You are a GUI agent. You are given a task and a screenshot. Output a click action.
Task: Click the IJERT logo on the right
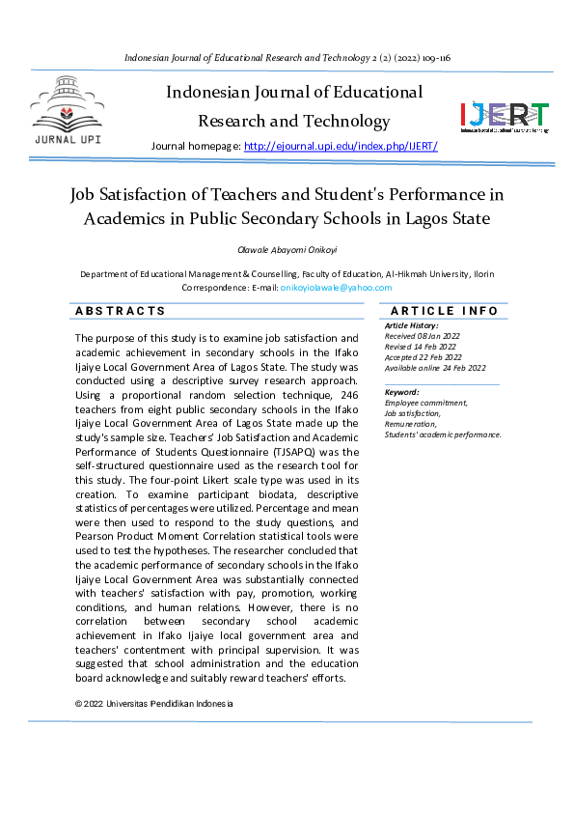[x=504, y=116]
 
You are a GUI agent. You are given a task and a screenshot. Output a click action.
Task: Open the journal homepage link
[x=341, y=146]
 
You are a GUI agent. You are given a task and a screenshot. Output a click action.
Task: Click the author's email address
[x=336, y=287]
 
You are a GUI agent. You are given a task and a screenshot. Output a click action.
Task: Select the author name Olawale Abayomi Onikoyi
[x=287, y=249]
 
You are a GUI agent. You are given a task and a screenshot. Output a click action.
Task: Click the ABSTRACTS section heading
[x=121, y=311]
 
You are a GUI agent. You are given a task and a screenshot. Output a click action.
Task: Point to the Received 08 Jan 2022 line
[x=423, y=336]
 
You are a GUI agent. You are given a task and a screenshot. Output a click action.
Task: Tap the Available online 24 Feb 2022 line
[x=435, y=368]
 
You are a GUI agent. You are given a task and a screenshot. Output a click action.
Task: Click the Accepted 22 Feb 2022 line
[x=423, y=357]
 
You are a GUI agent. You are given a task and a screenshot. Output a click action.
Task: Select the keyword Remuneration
[x=410, y=424]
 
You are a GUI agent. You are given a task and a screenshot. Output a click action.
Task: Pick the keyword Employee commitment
[x=425, y=403]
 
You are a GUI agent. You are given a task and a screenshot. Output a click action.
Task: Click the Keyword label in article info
[x=401, y=392]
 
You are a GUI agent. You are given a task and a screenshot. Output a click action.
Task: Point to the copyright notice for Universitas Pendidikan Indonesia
[x=154, y=704]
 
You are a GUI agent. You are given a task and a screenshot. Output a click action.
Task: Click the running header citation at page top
[x=287, y=58]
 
